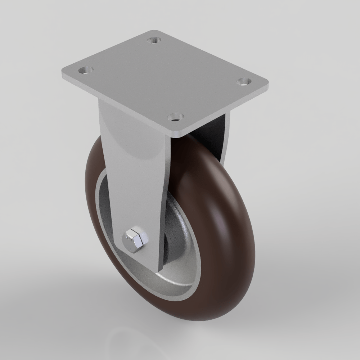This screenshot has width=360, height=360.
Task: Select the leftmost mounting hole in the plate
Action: click(86, 70)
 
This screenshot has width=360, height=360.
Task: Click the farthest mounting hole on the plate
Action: click(154, 40)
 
